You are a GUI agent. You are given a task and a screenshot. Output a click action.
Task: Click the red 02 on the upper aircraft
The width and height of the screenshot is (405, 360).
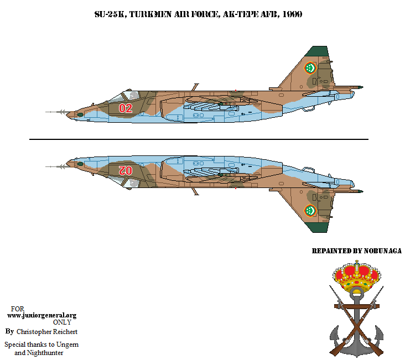(x=126, y=107)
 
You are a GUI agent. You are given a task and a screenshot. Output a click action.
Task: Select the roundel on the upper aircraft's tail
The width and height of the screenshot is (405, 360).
(x=310, y=68)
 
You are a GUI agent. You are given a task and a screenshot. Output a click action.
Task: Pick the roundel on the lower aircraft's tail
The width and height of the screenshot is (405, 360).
(x=310, y=210)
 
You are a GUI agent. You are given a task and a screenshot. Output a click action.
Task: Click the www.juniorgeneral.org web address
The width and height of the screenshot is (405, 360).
(x=41, y=315)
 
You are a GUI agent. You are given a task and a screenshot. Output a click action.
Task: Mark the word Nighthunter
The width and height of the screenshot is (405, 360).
(x=45, y=352)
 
